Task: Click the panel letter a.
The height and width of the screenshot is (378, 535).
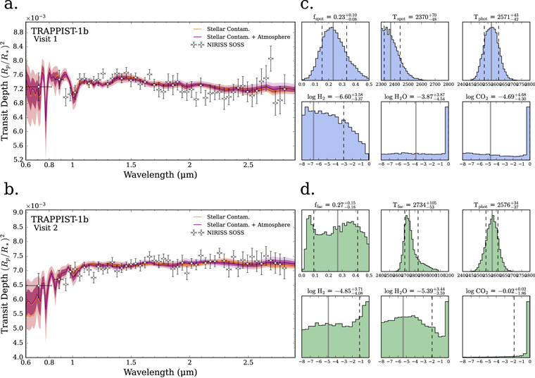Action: tap(11, 10)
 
